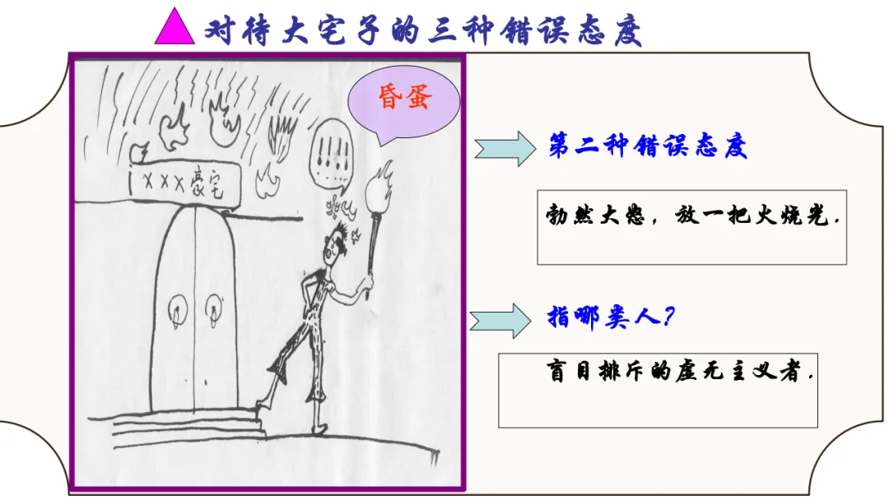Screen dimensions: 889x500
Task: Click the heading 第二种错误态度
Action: click(x=648, y=148)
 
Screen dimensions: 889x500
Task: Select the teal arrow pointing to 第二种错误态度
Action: click(x=504, y=149)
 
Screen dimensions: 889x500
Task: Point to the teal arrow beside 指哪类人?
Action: click(x=500, y=319)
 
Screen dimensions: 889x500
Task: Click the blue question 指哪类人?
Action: click(x=611, y=317)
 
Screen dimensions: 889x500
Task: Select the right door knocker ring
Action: click(x=213, y=309)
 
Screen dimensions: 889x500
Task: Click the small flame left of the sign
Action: click(x=140, y=153)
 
